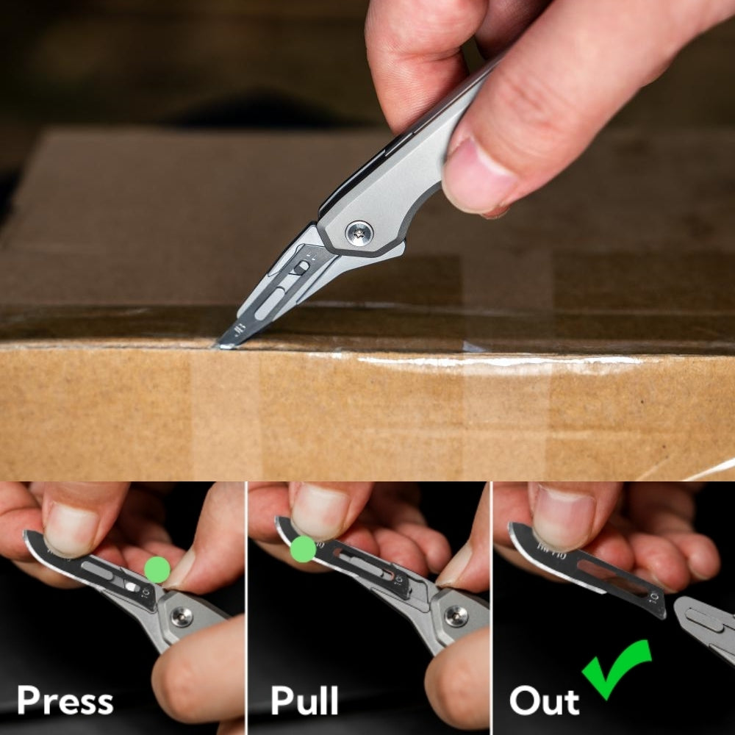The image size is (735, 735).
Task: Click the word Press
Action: click(65, 700)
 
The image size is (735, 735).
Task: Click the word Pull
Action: click(305, 700)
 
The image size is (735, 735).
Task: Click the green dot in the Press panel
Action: click(157, 570)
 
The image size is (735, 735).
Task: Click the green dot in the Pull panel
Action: click(304, 549)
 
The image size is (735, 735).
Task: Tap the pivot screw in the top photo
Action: click(359, 233)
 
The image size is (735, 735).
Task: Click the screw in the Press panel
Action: click(182, 617)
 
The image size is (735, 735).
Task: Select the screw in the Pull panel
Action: click(456, 616)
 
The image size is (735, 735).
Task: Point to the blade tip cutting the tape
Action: click(220, 345)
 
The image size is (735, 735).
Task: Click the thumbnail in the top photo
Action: click(476, 176)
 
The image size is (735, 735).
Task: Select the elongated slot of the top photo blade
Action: click(270, 304)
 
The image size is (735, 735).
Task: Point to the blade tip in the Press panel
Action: click(26, 534)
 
